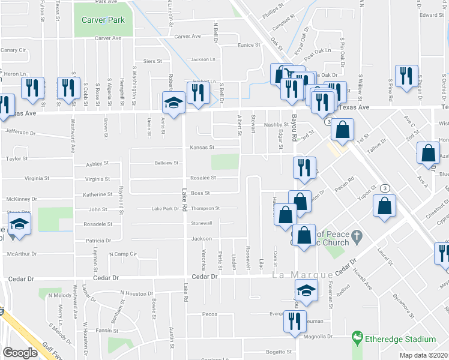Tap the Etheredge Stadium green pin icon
point(358,338)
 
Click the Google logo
point(20,353)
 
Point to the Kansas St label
point(202,148)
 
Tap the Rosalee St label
point(203,178)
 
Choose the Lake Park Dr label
point(166,209)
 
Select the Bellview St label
point(167,163)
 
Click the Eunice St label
point(249,45)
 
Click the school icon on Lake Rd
point(173,101)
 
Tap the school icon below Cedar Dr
point(306,292)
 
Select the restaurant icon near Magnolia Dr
point(295,320)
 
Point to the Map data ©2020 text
point(423,355)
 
